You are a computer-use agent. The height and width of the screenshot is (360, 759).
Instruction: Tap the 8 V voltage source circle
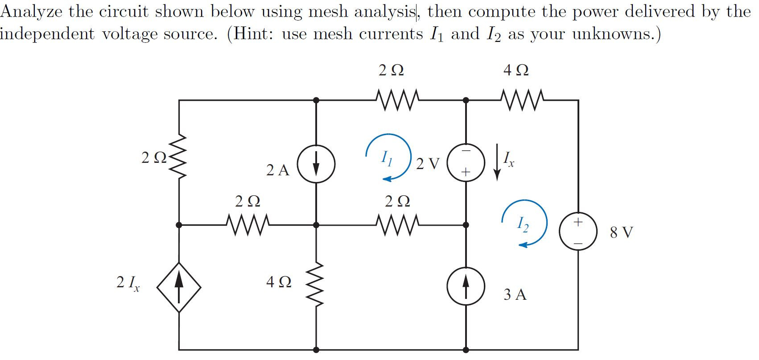pyautogui.click(x=578, y=232)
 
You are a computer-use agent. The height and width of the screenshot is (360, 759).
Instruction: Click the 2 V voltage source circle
pyautogui.click(x=466, y=163)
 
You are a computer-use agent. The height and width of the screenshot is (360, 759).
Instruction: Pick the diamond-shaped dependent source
pyautogui.click(x=179, y=287)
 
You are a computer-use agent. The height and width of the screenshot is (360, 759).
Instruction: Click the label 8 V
pyautogui.click(x=621, y=232)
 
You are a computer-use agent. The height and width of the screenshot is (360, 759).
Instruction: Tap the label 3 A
pyautogui.click(x=515, y=294)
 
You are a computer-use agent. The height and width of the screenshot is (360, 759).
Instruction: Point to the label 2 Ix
pyautogui.click(x=128, y=283)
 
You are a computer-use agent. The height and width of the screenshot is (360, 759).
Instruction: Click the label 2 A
pyautogui.click(x=277, y=170)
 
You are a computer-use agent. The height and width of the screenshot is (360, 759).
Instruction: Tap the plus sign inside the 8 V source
pyautogui.click(x=578, y=222)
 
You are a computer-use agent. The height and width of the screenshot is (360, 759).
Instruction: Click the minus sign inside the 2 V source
pyautogui.click(x=466, y=152)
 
